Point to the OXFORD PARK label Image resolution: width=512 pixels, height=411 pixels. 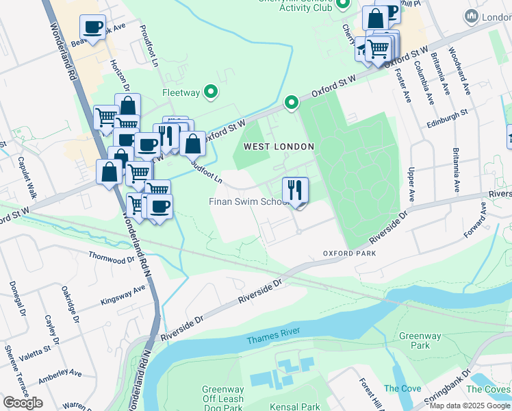pyautogui.click(x=350, y=253)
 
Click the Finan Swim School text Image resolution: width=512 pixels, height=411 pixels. pyautogui.click(x=248, y=201)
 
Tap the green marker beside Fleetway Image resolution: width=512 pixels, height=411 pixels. pyautogui.click(x=212, y=91)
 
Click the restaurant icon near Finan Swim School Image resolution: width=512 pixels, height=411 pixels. pyautogui.click(x=296, y=189)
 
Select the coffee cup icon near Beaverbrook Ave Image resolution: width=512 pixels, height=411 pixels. pyautogui.click(x=92, y=27)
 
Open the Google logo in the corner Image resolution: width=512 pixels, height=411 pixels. pyautogui.click(x=23, y=402)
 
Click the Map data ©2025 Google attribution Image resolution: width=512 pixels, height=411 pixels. pyautogui.click(x=470, y=406)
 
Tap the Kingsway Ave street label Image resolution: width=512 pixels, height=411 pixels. pyautogui.click(x=123, y=295)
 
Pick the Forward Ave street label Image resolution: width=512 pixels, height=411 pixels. pyautogui.click(x=478, y=223)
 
